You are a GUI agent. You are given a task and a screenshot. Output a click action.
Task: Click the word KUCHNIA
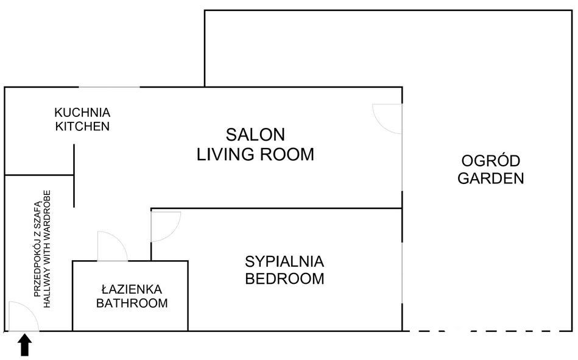(x=82, y=113)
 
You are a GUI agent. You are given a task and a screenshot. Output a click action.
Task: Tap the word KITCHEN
(x=82, y=127)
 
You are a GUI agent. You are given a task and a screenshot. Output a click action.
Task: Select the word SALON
(x=255, y=134)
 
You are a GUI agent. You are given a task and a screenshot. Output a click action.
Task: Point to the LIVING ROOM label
(x=255, y=154)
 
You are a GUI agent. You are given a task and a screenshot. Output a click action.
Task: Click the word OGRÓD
(x=491, y=161)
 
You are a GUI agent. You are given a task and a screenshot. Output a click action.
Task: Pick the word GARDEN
(x=491, y=178)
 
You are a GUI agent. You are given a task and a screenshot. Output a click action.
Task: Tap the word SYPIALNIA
(x=284, y=262)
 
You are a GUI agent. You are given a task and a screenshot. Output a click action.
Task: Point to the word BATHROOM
(x=132, y=303)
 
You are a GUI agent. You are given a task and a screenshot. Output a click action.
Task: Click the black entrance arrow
(x=24, y=345)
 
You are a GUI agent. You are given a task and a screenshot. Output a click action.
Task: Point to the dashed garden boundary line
(x=487, y=331)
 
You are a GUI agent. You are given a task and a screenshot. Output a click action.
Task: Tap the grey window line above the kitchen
(x=110, y=88)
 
